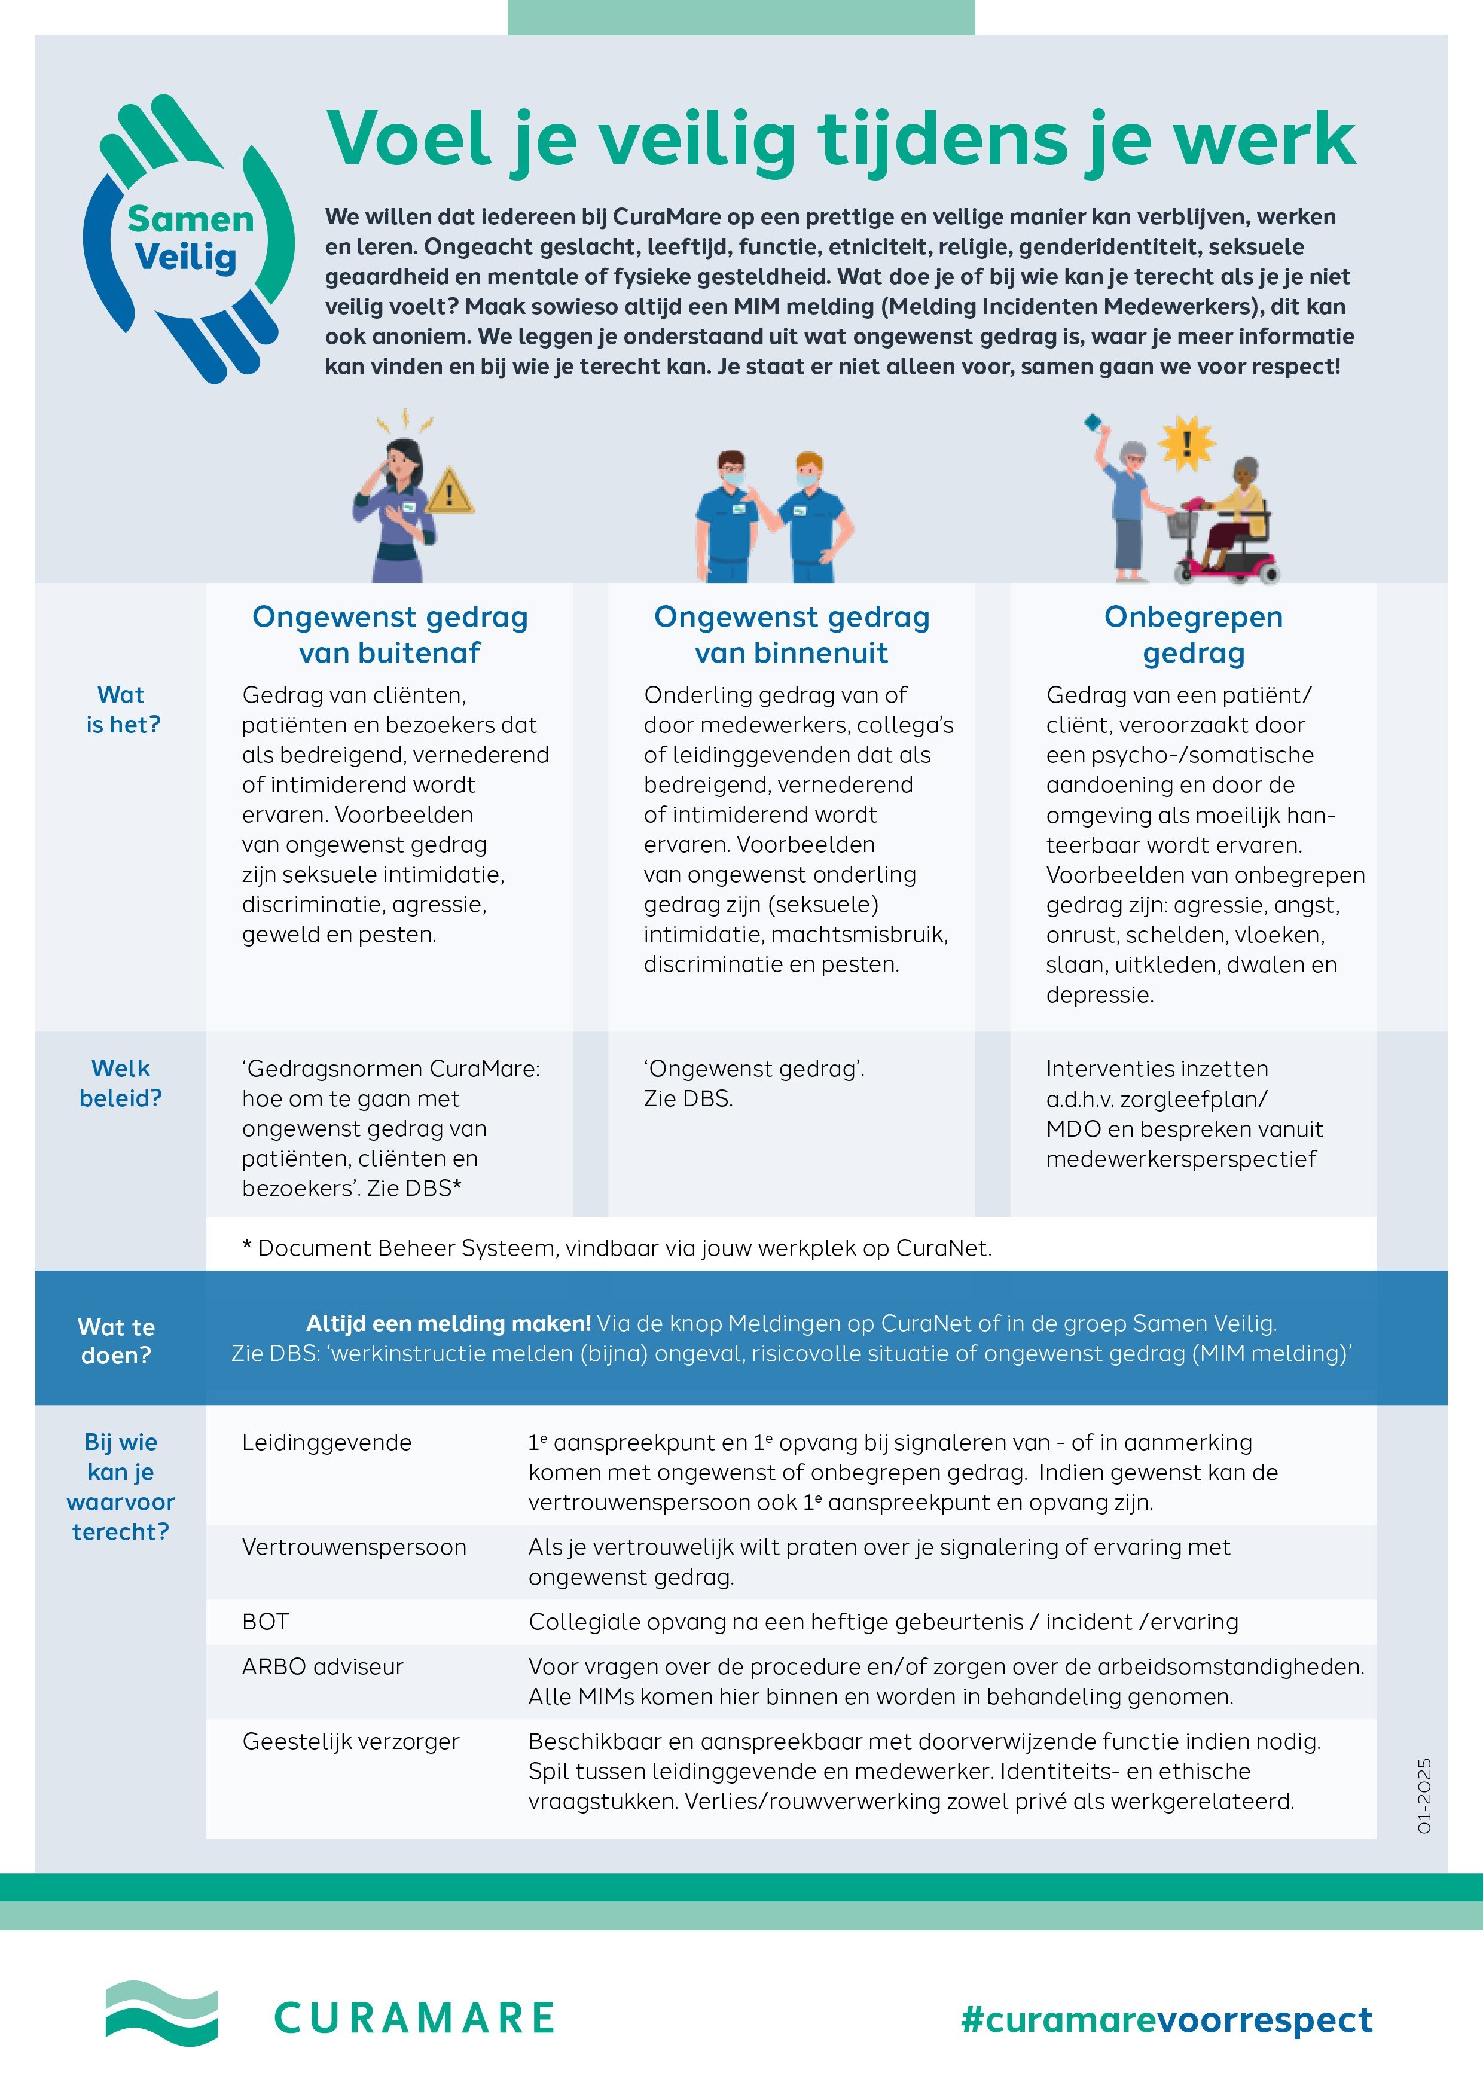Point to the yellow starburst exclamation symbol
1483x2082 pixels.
pyautogui.click(x=1186, y=443)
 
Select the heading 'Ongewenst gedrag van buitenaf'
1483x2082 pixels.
pyautogui.click(x=390, y=634)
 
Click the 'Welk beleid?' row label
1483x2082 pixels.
pyautogui.click(x=121, y=1083)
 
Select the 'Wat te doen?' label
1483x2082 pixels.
pyautogui.click(x=116, y=1341)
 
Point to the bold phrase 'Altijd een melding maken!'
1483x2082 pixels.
pyautogui.click(x=448, y=1323)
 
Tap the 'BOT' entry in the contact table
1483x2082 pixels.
pyautogui.click(x=266, y=1622)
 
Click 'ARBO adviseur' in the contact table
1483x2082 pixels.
pyautogui.click(x=322, y=1666)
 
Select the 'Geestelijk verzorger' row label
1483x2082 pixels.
pyautogui.click(x=350, y=1741)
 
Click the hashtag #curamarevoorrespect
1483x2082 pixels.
pyautogui.click(x=1166, y=2019)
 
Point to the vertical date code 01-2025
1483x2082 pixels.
pyautogui.click(x=1424, y=1795)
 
